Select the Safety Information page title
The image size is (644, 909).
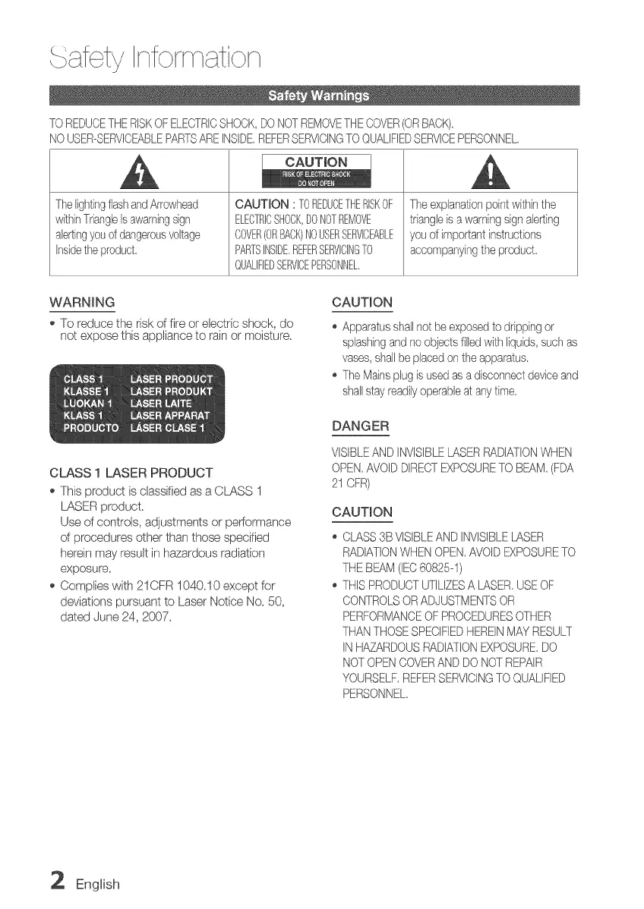pyautogui.click(x=155, y=57)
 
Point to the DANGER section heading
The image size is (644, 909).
pyautogui.click(x=361, y=426)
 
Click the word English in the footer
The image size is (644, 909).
pyautogui.click(x=98, y=884)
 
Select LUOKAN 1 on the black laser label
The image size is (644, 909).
pyautogui.click(x=87, y=403)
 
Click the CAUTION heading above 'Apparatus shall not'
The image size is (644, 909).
pyautogui.click(x=363, y=303)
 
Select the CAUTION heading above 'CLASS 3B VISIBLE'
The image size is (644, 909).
pyautogui.click(x=363, y=512)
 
